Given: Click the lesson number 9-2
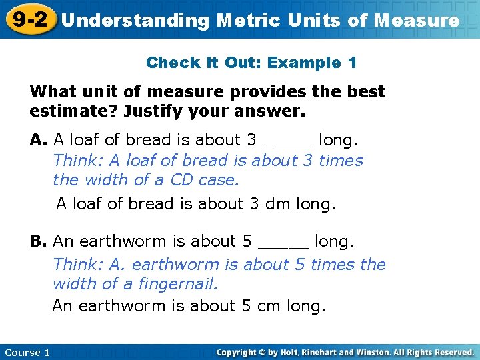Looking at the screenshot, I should (28, 19).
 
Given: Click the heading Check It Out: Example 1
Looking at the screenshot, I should (251, 63).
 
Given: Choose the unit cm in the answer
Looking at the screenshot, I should (271, 306).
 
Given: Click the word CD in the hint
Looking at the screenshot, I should (181, 180).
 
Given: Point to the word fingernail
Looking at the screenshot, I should (178, 285).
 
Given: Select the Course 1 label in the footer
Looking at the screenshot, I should (27, 352).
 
